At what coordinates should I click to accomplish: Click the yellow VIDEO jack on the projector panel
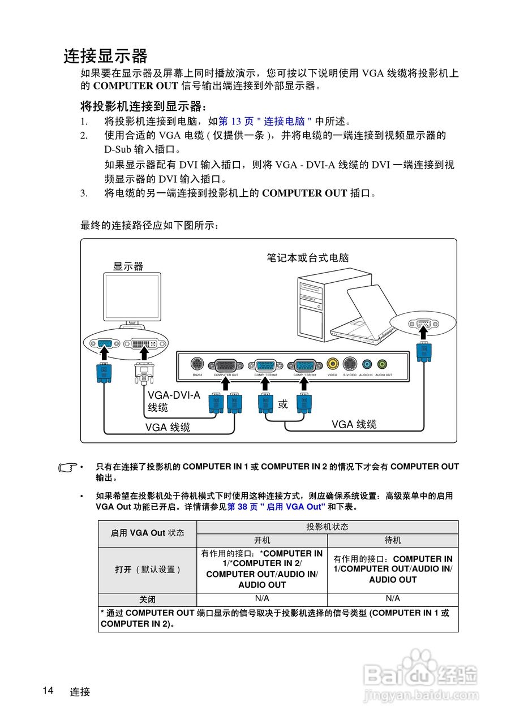click(x=333, y=364)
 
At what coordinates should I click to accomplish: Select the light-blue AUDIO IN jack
click(x=366, y=364)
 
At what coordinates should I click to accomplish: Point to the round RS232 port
click(x=197, y=364)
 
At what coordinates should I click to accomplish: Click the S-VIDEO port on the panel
click(x=350, y=364)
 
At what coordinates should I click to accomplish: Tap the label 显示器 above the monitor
click(x=128, y=266)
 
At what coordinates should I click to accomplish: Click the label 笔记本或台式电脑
click(x=308, y=258)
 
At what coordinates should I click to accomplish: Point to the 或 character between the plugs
click(x=283, y=404)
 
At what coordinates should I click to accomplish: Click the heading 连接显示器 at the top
click(x=105, y=56)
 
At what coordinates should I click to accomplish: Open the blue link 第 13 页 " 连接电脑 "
click(x=265, y=121)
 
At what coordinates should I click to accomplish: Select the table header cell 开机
click(x=262, y=540)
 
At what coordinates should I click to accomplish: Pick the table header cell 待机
click(x=393, y=540)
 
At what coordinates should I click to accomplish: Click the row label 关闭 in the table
click(x=147, y=600)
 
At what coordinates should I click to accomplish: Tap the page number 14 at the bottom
click(x=48, y=691)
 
